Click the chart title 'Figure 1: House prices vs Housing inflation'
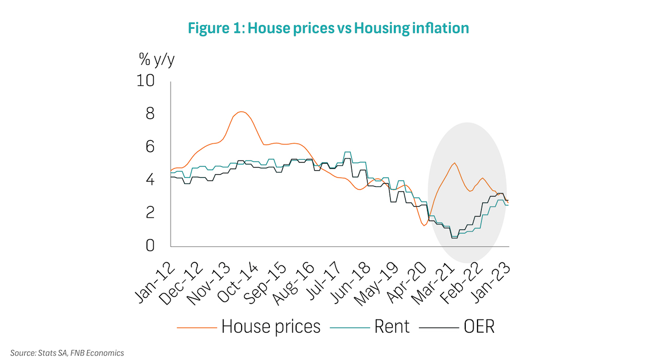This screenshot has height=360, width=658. tap(328, 28)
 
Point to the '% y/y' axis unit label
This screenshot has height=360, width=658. tap(157, 60)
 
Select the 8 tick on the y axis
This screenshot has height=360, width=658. tap(150, 114)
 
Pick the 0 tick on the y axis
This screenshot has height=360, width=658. tap(150, 245)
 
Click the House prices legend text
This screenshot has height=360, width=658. tap(271, 327)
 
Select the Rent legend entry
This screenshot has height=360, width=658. tap(392, 327)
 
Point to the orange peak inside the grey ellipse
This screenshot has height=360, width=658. tap(454, 163)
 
